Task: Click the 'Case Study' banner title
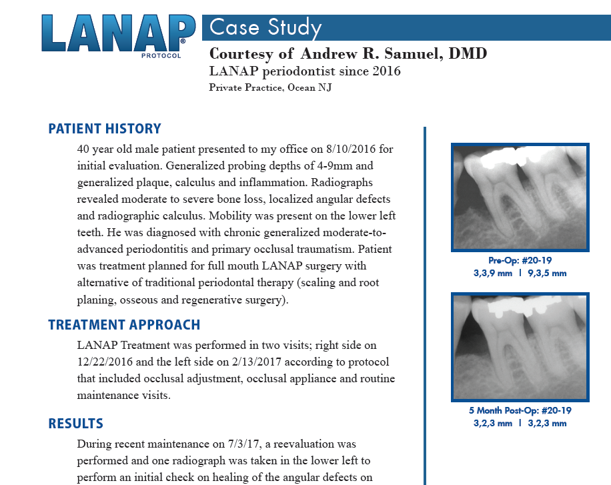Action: [x=265, y=27]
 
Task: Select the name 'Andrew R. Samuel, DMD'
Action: [x=393, y=53]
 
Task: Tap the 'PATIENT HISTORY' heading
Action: [x=105, y=129]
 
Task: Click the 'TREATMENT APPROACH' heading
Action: [x=124, y=325]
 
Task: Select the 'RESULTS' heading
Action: [x=75, y=424]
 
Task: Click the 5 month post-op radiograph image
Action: [x=520, y=346]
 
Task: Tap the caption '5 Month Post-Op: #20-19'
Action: [x=520, y=411]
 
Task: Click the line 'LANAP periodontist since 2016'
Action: [x=305, y=71]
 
